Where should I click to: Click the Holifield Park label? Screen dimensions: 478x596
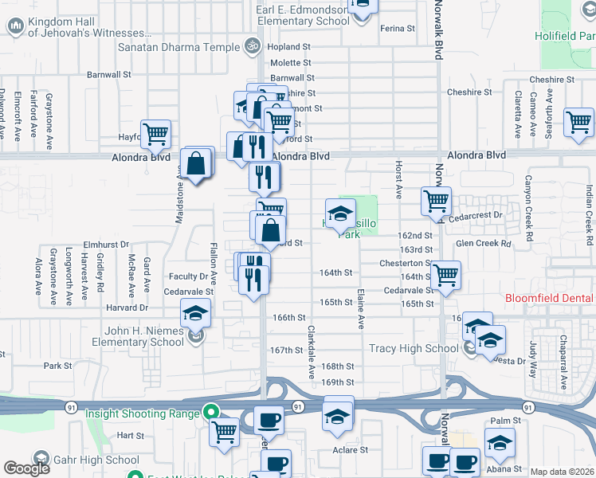pos(568,36)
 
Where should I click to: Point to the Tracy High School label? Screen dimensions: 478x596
pos(414,348)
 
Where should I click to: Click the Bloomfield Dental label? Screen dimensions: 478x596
pos(551,299)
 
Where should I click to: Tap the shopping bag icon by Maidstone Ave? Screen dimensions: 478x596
pos(196,164)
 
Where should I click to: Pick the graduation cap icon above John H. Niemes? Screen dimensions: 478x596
pos(195,313)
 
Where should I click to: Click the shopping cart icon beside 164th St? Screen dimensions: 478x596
pos(446,275)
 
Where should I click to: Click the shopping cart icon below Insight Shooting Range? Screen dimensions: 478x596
pos(225,432)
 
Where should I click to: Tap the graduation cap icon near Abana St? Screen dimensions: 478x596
pos(500,442)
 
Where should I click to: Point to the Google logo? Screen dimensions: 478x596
pos(26,468)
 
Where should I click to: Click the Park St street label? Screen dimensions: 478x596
pos(57,366)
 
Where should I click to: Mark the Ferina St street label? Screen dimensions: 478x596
pos(398,28)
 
